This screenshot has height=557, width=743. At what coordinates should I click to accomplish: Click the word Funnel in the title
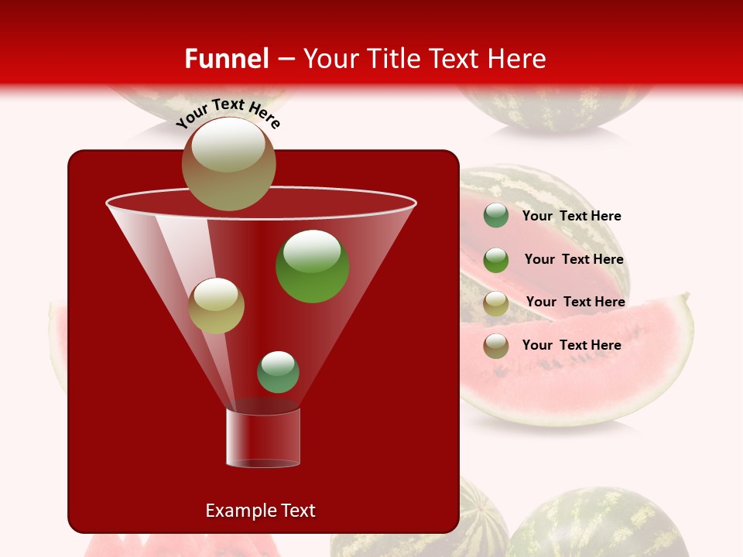click(x=226, y=59)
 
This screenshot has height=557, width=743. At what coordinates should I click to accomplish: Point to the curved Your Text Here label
click(x=228, y=111)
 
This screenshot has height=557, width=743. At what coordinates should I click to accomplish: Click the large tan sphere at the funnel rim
click(x=228, y=164)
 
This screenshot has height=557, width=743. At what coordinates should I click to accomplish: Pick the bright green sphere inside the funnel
click(x=312, y=265)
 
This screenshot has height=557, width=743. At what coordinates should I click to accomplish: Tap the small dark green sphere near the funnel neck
click(x=278, y=371)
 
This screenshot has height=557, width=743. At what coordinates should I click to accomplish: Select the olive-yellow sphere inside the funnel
click(x=216, y=306)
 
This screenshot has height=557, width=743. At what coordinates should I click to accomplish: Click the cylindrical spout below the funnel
click(x=262, y=437)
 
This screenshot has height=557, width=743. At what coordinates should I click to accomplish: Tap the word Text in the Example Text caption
click(x=297, y=511)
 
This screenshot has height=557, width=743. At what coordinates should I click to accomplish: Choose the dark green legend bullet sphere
click(x=496, y=216)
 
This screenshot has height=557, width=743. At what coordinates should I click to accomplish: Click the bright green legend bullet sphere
click(x=496, y=260)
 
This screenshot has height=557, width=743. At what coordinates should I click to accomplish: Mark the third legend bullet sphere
click(x=496, y=302)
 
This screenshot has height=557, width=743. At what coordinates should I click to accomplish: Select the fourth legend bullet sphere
click(x=496, y=346)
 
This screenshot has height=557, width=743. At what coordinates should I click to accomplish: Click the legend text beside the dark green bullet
click(x=571, y=216)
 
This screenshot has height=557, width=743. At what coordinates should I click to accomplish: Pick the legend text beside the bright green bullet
click(x=574, y=259)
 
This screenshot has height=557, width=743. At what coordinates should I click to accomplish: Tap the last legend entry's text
click(x=571, y=345)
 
